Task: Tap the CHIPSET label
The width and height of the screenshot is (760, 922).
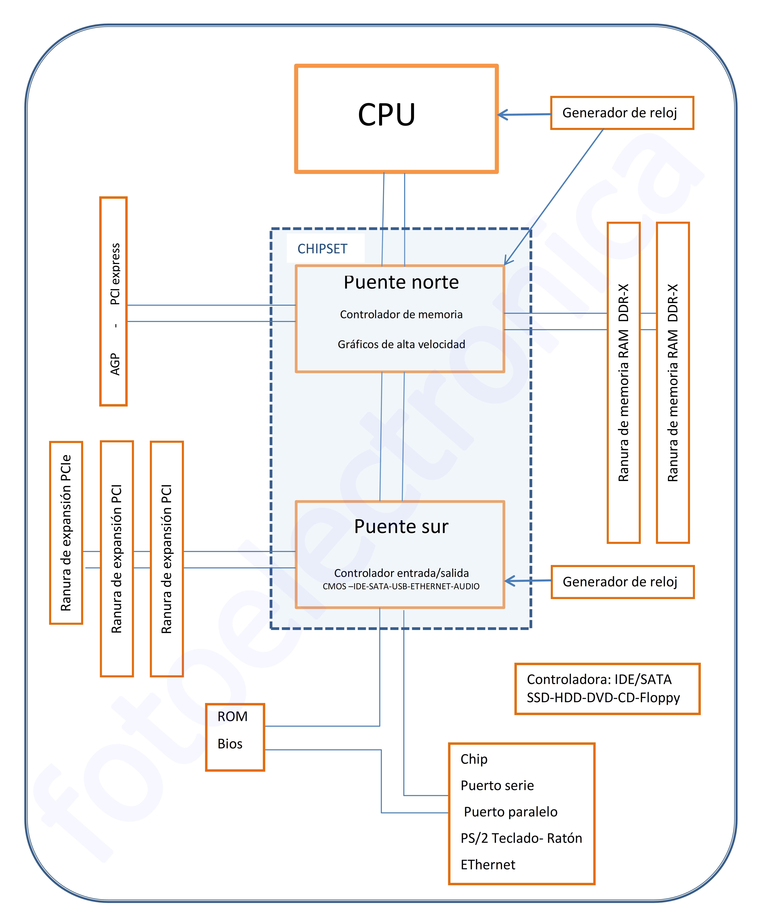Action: click(322, 249)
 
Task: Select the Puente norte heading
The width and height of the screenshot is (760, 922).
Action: click(401, 282)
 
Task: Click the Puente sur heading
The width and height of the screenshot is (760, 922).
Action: click(401, 526)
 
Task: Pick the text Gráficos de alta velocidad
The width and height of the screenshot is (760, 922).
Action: click(401, 344)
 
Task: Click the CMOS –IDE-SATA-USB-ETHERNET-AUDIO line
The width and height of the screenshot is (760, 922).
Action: click(401, 586)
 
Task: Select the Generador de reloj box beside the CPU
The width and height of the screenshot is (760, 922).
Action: click(622, 113)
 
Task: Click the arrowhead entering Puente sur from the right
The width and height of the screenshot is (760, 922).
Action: click(509, 581)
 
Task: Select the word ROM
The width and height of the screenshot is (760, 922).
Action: click(232, 716)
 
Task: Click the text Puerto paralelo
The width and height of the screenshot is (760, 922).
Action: click(510, 812)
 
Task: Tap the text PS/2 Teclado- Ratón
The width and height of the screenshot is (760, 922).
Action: click(521, 838)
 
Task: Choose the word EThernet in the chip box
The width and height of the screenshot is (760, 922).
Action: click(488, 865)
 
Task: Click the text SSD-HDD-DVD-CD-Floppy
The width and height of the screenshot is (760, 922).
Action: click(603, 697)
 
